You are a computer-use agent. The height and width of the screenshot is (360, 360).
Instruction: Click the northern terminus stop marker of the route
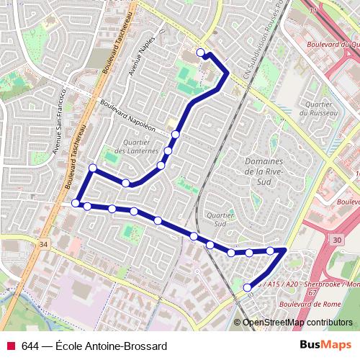(201, 52)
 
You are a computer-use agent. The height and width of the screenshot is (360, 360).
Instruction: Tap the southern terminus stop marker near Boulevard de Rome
(248, 287)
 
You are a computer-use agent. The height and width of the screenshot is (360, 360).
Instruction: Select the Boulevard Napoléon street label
(128, 114)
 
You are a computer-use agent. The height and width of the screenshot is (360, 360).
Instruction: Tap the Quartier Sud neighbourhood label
(216, 218)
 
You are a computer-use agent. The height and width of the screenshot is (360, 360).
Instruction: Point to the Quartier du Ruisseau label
(314, 108)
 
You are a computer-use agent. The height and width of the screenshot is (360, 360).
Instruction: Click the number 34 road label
(45, 245)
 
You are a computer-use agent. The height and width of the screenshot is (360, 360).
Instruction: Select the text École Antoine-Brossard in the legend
(105, 346)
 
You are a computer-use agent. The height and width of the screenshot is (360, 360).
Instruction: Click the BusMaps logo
(325, 345)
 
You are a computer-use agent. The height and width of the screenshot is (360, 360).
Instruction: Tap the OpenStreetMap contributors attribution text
(297, 323)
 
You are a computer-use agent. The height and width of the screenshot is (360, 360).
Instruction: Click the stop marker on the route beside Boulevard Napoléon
(175, 135)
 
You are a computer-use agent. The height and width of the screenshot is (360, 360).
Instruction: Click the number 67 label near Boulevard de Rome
(312, 293)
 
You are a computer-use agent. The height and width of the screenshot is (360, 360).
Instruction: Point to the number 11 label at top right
(312, 12)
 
